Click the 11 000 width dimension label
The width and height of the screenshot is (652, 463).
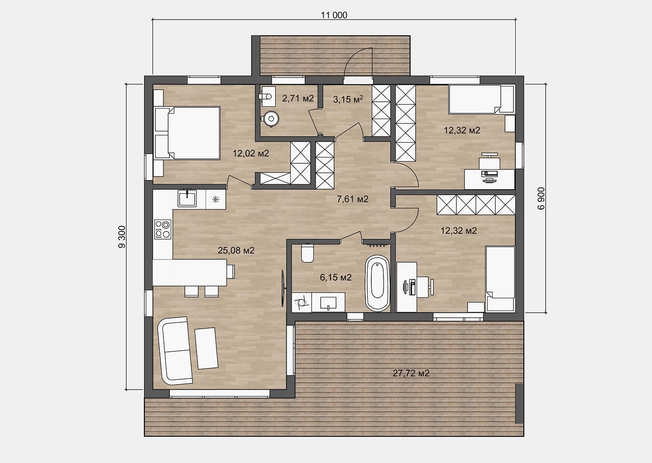point(334,15)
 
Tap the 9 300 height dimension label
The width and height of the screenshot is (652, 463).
point(122,237)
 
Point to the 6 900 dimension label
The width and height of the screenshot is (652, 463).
point(541,199)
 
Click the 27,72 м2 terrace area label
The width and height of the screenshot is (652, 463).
point(411,373)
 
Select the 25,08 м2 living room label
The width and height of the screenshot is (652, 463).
point(236,250)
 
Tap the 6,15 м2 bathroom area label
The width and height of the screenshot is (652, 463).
point(336,277)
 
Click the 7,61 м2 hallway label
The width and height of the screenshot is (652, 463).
point(352,199)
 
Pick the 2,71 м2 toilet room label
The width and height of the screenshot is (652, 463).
point(298,98)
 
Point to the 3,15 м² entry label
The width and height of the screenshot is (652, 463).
point(348,99)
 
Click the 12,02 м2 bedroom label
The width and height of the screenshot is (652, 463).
point(251,153)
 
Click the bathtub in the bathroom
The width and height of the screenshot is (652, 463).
point(377,283)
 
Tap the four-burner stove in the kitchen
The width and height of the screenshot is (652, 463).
point(163,229)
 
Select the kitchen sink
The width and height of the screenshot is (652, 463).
point(187,198)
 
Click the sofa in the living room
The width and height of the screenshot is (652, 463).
point(175,351)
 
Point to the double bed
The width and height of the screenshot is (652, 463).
point(187,133)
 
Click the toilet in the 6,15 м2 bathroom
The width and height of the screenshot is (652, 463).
point(307,253)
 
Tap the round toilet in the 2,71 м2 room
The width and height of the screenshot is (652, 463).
point(271,119)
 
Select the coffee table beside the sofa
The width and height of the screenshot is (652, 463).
point(206,348)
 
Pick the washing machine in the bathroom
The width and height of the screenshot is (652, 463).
point(302,302)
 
